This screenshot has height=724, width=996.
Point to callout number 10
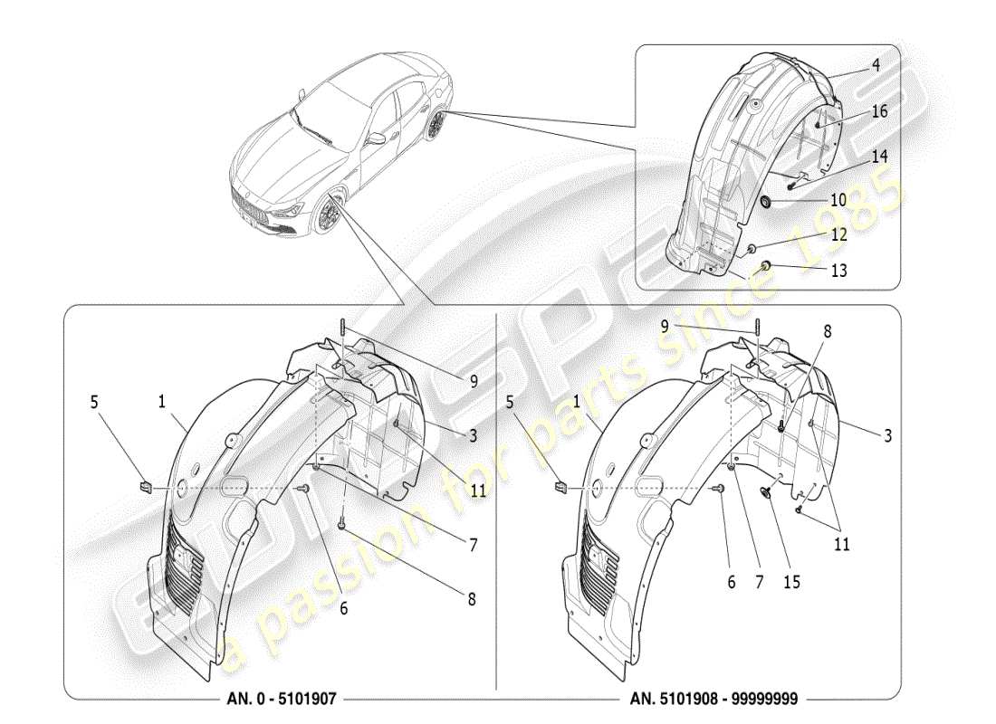[838, 199]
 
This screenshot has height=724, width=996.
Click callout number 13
[838, 270]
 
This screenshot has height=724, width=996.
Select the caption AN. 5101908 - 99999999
[715, 700]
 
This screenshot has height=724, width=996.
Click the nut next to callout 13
[764, 264]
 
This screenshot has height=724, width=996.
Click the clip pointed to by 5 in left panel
[146, 488]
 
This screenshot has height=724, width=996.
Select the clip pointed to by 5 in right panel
[560, 488]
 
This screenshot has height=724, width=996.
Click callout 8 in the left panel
[472, 598]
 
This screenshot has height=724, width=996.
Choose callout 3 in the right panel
[887, 435]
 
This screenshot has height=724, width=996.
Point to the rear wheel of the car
[438, 126]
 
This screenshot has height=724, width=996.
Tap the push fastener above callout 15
[767, 494]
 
